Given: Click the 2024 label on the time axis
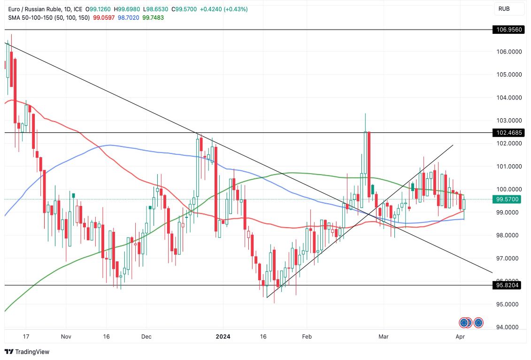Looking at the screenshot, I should tap(223, 337).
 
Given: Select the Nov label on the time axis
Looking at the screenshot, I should tap(66, 337).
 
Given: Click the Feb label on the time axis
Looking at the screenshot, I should tap(307, 337).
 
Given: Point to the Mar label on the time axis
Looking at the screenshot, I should tap(384, 337).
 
